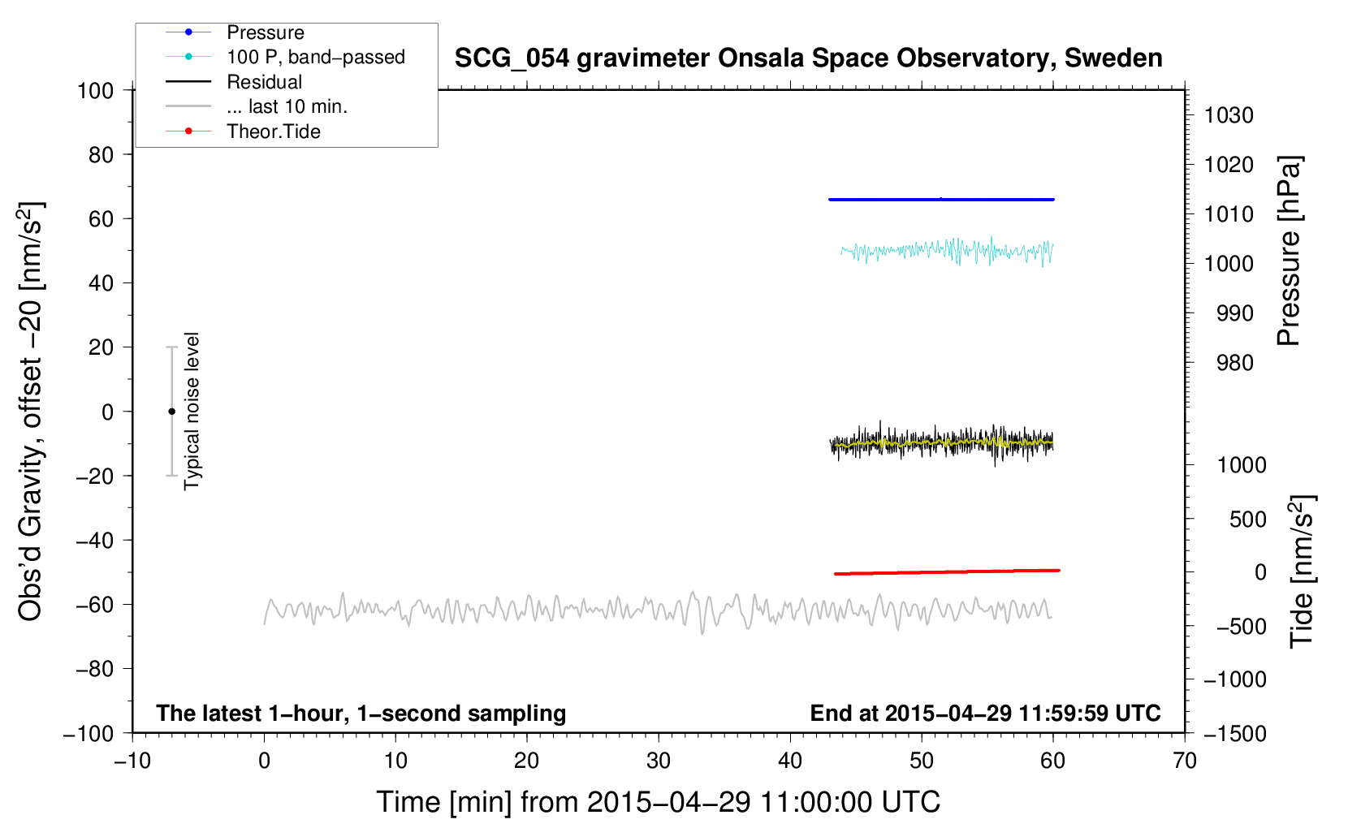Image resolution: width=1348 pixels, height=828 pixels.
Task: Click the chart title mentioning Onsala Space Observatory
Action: click(808, 58)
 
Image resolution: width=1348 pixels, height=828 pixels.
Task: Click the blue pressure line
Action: click(941, 200)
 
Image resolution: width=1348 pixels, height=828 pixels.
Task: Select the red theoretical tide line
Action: click(947, 571)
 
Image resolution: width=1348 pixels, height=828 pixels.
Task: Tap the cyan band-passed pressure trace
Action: click(947, 251)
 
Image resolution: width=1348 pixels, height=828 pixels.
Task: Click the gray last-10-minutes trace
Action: click(658, 611)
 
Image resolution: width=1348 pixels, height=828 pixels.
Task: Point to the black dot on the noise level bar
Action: click(171, 412)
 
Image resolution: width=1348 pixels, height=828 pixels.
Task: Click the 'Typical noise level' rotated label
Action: click(191, 412)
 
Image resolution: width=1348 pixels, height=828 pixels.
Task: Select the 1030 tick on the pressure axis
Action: click(1229, 115)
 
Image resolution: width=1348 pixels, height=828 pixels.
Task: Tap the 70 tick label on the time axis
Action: click(1185, 761)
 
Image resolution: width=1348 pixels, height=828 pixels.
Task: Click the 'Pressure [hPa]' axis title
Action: click(1289, 251)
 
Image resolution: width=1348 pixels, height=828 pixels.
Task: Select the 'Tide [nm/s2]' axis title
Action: click(1302, 572)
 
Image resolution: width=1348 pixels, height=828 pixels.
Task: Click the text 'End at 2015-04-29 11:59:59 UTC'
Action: click(985, 713)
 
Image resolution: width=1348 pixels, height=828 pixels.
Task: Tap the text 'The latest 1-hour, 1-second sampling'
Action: click(361, 714)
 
